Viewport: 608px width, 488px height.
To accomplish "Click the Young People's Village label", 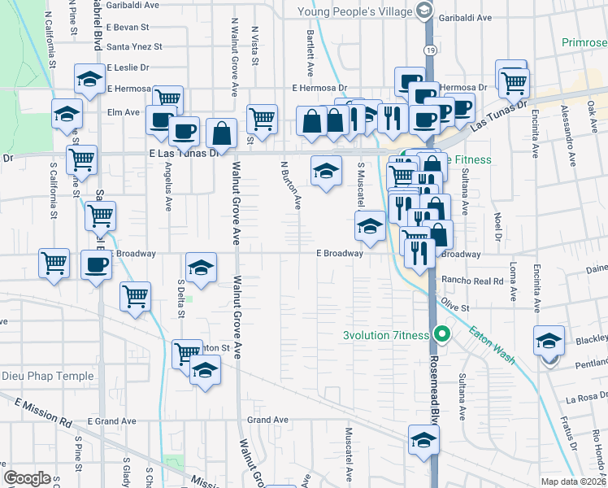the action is point(357,11).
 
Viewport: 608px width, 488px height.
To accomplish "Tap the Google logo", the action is point(27,478).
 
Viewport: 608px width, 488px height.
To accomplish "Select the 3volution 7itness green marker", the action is point(442,333).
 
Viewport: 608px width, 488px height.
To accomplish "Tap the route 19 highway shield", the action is point(427,50).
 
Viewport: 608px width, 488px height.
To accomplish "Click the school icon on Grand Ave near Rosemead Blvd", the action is point(423,440).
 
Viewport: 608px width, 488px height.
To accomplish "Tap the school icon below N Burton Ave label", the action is point(326,171).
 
